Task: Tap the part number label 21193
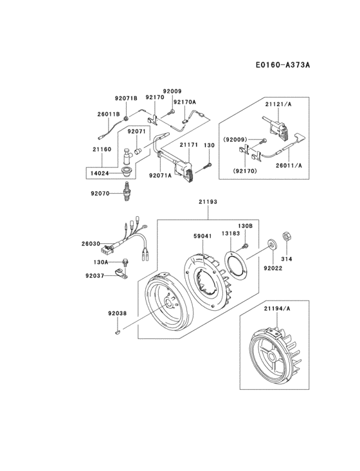click(x=208, y=203)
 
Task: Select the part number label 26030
click(x=91, y=243)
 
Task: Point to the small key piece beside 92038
click(x=116, y=332)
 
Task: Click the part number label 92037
click(x=96, y=275)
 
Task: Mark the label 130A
click(x=100, y=262)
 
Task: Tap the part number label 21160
click(x=102, y=149)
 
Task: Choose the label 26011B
click(x=109, y=115)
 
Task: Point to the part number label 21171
click(x=188, y=145)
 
